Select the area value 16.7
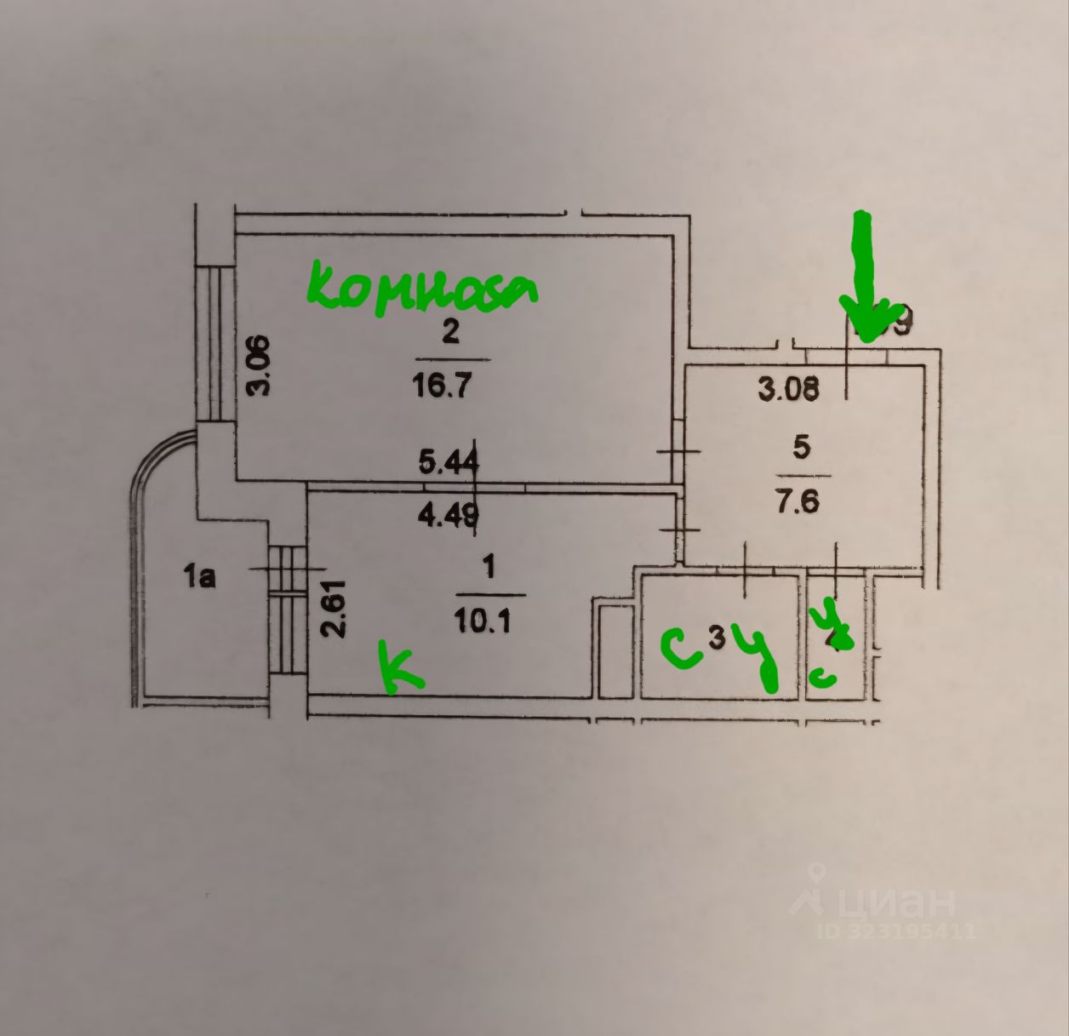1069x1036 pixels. pyautogui.click(x=442, y=386)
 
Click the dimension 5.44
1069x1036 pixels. pyautogui.click(x=449, y=462)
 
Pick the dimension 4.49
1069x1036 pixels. pyautogui.click(x=449, y=515)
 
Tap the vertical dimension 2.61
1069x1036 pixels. pyautogui.click(x=334, y=609)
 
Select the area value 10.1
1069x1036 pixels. pyautogui.click(x=483, y=622)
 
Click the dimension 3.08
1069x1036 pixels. pyautogui.click(x=789, y=389)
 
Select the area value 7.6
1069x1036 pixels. pyautogui.click(x=800, y=501)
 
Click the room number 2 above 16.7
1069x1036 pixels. pyautogui.click(x=450, y=331)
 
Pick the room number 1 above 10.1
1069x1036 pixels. pyautogui.click(x=489, y=564)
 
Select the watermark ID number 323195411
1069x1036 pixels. pyautogui.click(x=912, y=931)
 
